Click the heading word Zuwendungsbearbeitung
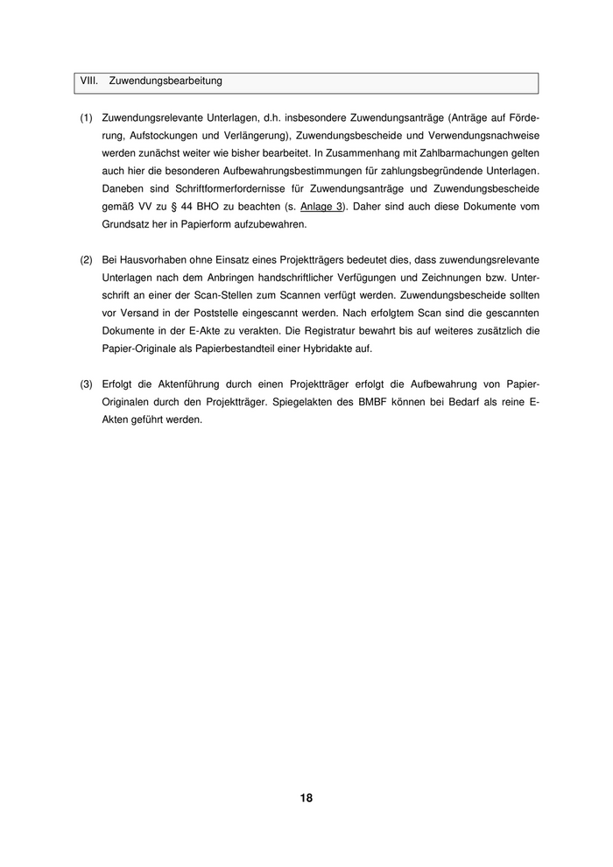point(166,81)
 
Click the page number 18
point(306,798)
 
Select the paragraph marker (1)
point(86,117)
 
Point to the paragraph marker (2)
point(86,261)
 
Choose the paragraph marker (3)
point(86,384)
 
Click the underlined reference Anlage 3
point(321,207)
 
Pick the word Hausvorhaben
point(148,261)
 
